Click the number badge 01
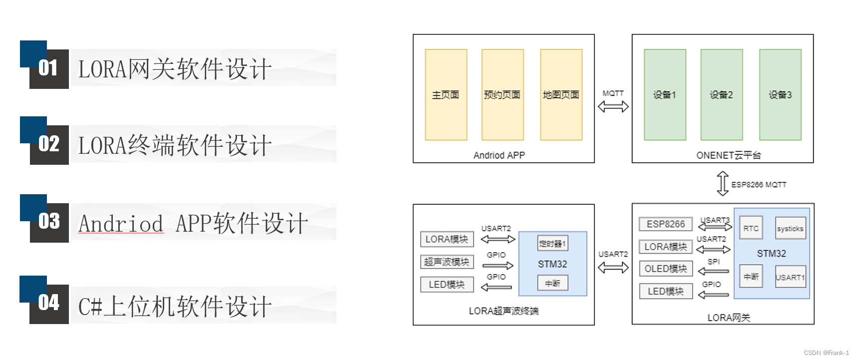click(48, 68)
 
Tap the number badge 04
click(48, 303)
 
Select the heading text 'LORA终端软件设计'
click(175, 145)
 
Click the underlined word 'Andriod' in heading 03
click(121, 224)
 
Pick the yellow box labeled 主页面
click(446, 95)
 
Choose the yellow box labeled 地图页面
click(561, 95)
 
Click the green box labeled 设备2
click(721, 95)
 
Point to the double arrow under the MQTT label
click(613, 106)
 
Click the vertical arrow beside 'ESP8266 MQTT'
click(722, 183)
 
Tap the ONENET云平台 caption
click(728, 155)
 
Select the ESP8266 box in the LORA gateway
click(665, 224)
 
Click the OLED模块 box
click(665, 269)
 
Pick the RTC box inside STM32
click(751, 229)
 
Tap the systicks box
click(790, 229)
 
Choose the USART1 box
click(790, 277)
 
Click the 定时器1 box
click(553, 244)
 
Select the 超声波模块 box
click(447, 262)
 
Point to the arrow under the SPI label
click(714, 271)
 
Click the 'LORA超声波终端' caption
click(503, 311)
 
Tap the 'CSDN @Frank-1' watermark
click(826, 353)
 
